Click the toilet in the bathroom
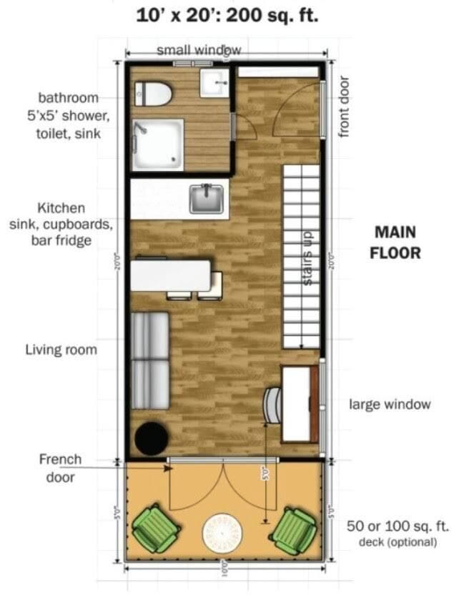(152, 93)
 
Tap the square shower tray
(157, 144)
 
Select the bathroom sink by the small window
(213, 84)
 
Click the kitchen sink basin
(207, 198)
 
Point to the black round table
(152, 437)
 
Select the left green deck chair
(155, 527)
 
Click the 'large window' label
(390, 404)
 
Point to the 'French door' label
(60, 468)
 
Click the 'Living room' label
(61, 350)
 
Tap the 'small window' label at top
(199, 50)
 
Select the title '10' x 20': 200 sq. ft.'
(227, 16)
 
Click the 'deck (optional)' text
(397, 541)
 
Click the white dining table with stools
(171, 275)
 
